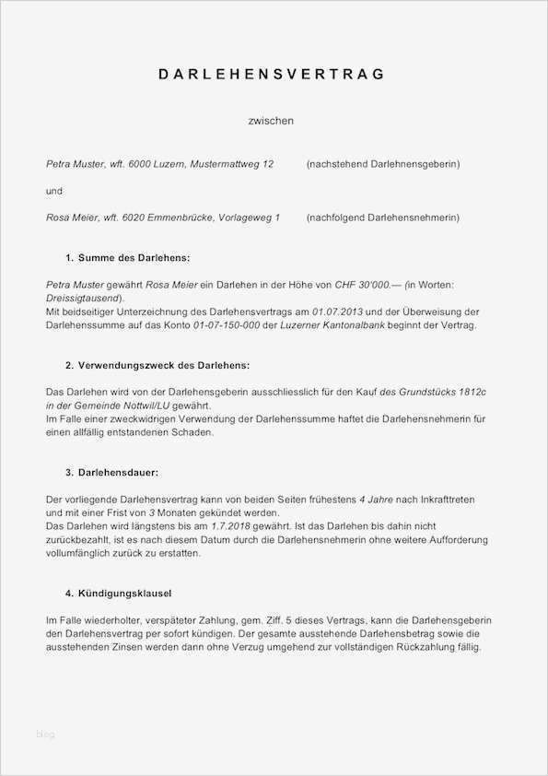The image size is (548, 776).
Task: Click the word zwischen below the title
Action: point(271,121)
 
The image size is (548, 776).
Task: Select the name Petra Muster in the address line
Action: point(75,164)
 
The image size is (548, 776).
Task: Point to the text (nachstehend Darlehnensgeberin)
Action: point(382,164)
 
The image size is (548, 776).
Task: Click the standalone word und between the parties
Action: point(54,191)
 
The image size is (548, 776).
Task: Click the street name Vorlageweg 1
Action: point(249,218)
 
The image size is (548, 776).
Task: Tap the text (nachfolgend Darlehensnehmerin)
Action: point(382,218)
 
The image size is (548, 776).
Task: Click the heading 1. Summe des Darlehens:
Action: point(127,258)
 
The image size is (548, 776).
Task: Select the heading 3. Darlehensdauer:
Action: point(111,473)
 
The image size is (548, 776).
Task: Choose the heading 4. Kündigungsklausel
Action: point(118,593)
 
